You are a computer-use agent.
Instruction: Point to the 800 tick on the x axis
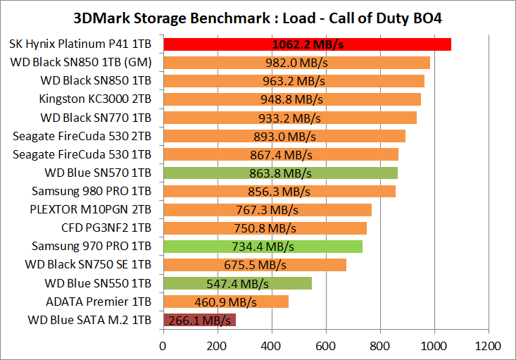click(x=380, y=347)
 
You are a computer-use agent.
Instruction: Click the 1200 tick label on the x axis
click(x=488, y=347)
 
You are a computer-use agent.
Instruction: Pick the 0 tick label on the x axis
click(x=163, y=347)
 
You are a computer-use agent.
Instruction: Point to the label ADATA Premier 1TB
click(x=99, y=302)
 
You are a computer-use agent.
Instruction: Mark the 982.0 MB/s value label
click(x=297, y=63)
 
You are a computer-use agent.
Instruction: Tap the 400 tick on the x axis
click(x=272, y=347)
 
